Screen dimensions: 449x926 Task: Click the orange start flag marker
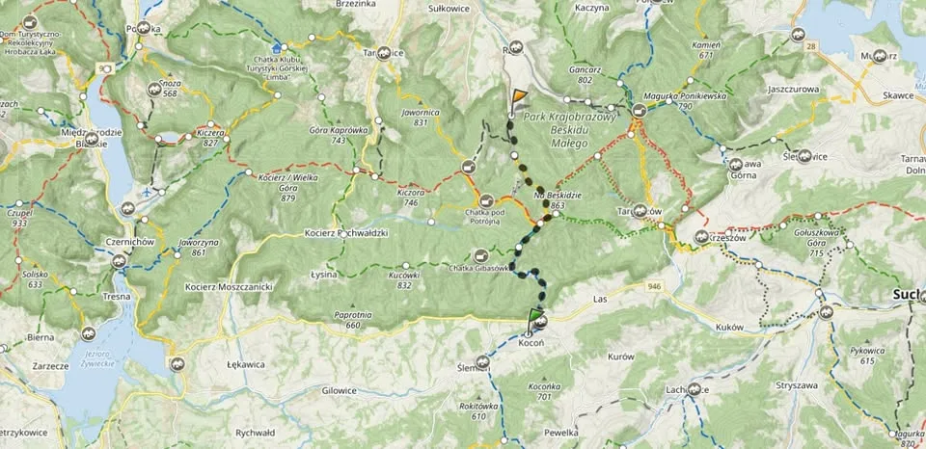(519, 97)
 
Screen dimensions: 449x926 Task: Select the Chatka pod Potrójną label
(470, 217)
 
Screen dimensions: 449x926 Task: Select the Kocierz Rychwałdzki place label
(345, 233)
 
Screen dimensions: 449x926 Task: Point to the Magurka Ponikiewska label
(679, 100)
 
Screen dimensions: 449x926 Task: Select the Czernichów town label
(131, 241)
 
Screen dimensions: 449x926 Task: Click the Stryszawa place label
(795, 385)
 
